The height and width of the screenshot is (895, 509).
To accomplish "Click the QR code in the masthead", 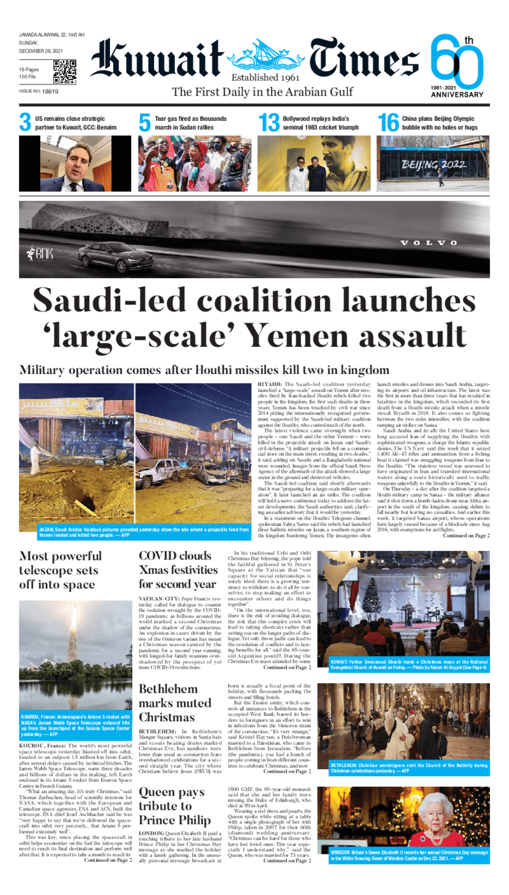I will tap(64, 72).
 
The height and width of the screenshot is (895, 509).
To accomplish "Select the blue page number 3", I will tap(25, 122).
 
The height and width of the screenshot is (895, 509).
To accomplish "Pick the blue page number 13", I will tap(269, 122).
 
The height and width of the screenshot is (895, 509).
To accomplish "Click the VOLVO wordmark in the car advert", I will tap(428, 243).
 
